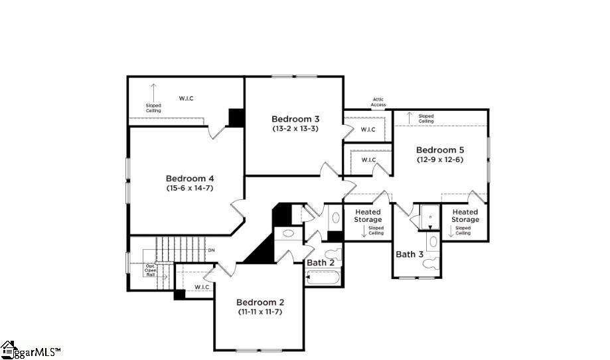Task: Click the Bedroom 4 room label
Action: (x=189, y=178)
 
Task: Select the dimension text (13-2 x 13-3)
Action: (x=295, y=128)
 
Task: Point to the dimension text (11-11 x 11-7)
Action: (x=260, y=312)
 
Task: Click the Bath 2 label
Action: (x=321, y=262)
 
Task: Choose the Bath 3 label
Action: (x=410, y=254)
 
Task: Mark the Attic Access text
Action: (x=378, y=102)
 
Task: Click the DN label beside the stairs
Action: (x=211, y=250)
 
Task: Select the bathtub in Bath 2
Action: (x=323, y=277)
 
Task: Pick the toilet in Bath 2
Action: (x=333, y=256)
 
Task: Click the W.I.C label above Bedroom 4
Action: (x=186, y=98)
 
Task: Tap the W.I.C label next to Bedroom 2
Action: (x=202, y=287)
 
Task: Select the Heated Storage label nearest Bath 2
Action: (x=367, y=216)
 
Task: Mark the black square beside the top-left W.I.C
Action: (x=236, y=117)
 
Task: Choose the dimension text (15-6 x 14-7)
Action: (x=189, y=188)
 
